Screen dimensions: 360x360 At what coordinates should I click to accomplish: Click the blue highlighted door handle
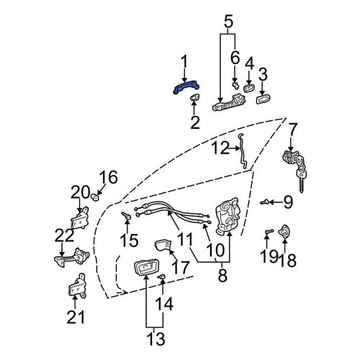[186, 89]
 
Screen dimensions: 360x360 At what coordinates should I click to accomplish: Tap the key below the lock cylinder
[302, 181]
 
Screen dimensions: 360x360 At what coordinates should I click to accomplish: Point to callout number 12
[220, 148]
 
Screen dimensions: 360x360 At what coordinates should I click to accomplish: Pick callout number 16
[109, 177]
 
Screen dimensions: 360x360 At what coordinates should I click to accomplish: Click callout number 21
[76, 317]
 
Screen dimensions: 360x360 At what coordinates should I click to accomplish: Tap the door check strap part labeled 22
[72, 257]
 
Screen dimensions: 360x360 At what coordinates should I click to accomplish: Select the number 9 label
[288, 203]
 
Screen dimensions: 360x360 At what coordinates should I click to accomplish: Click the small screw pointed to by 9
[264, 202]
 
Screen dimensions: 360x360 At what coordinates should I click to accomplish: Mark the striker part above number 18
[284, 231]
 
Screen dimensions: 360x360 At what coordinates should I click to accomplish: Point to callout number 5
[228, 22]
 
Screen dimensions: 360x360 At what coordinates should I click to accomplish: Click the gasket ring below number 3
[263, 99]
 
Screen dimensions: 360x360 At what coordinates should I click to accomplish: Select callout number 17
[181, 268]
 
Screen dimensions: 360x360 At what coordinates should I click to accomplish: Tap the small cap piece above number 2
[194, 97]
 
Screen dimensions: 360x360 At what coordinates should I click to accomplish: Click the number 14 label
[164, 304]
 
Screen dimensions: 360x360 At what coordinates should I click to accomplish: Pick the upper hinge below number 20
[80, 219]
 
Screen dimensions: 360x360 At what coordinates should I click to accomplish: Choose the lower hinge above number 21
[77, 287]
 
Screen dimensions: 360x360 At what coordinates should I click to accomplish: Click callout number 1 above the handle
[184, 63]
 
